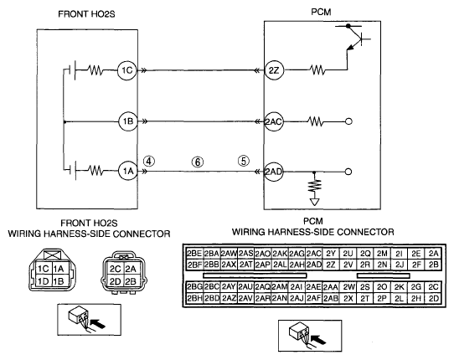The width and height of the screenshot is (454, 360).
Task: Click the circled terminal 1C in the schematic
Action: click(x=126, y=70)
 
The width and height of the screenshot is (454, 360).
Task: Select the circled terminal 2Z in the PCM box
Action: click(x=274, y=70)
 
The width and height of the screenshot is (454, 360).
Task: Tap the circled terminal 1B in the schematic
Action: click(x=128, y=121)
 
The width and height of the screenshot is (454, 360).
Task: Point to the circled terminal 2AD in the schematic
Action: click(x=274, y=172)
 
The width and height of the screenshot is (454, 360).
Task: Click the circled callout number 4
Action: click(x=149, y=162)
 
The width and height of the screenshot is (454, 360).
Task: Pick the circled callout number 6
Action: click(x=198, y=162)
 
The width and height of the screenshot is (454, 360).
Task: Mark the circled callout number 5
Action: click(x=244, y=161)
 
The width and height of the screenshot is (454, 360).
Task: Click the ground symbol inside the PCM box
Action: click(x=314, y=202)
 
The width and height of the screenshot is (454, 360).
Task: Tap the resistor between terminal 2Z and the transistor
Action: click(x=317, y=70)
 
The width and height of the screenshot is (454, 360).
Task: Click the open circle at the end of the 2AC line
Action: click(x=349, y=121)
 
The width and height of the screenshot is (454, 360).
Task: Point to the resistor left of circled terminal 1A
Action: click(x=95, y=171)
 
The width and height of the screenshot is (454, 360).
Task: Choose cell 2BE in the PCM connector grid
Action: click(x=194, y=254)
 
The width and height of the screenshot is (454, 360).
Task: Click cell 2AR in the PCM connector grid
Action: click(x=263, y=298)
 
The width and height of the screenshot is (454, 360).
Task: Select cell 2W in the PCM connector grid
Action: click(x=348, y=287)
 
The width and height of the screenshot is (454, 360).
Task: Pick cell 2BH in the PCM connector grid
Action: click(x=194, y=298)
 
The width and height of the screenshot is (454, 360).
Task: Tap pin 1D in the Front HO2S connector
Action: click(x=44, y=281)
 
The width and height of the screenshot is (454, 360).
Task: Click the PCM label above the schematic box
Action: click(x=321, y=13)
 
